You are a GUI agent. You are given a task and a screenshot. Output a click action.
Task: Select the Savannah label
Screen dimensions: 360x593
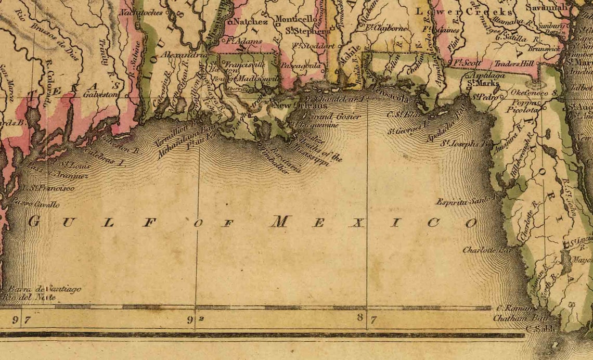point(548,8)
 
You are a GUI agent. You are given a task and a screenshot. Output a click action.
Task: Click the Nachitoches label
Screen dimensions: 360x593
point(141,11)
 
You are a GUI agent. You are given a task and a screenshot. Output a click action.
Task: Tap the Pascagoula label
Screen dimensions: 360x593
point(300,66)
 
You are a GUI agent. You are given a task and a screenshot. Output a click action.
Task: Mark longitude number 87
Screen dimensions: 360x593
point(366,319)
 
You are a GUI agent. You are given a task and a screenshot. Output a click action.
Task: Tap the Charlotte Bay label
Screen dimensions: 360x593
point(487,250)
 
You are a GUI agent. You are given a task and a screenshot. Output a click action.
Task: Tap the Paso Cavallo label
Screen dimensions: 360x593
point(36,204)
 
